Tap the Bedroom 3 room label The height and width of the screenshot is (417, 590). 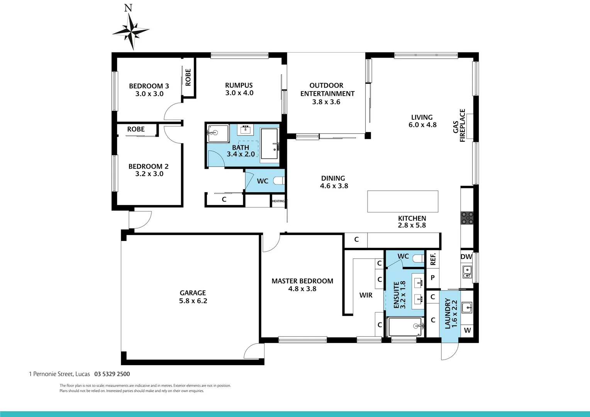[149, 86]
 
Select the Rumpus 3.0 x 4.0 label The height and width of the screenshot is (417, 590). [239, 89]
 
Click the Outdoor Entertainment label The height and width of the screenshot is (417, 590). [327, 93]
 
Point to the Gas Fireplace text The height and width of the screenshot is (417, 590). [459, 126]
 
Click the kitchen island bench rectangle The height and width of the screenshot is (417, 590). [402, 201]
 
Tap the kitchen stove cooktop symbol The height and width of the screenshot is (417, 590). [467, 218]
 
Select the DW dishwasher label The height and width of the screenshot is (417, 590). [466, 257]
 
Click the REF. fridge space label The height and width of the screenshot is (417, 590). [433, 259]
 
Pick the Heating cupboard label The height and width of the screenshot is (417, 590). [278, 201]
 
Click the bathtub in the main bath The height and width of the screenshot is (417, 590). [270, 144]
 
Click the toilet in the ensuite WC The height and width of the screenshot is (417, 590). [418, 258]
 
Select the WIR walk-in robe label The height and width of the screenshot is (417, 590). [366, 295]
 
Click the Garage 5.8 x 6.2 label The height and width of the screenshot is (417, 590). [193, 297]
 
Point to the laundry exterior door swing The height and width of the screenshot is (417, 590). [449, 351]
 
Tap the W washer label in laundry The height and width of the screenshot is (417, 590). [467, 331]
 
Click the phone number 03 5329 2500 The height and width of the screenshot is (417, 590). [112, 374]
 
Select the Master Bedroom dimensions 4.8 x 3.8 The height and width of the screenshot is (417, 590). [302, 289]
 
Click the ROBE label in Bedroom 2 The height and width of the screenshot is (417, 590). [136, 129]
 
